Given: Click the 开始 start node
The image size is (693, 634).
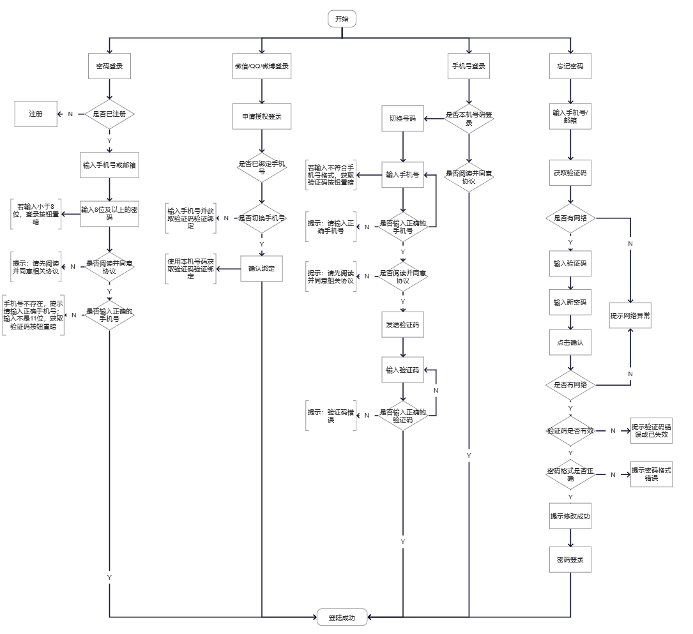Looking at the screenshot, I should click(x=342, y=19).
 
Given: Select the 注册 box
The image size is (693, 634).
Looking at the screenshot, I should click(x=36, y=114).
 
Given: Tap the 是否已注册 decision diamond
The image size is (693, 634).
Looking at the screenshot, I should click(x=110, y=114).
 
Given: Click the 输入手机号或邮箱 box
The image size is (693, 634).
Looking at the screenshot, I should click(x=110, y=165).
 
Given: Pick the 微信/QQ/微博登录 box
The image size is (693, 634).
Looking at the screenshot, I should click(x=262, y=66).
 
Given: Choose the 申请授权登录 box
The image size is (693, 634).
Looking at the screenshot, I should click(x=262, y=117).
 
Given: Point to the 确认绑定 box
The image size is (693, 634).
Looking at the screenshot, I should click(x=262, y=269).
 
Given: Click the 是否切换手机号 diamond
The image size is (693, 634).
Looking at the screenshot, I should click(x=262, y=218).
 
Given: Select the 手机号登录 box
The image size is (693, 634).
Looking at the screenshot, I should click(x=469, y=66).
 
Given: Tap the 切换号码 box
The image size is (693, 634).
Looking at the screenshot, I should click(x=402, y=118).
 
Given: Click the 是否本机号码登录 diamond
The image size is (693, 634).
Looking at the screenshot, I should click(x=469, y=118).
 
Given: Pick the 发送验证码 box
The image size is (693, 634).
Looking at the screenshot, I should click(x=402, y=324).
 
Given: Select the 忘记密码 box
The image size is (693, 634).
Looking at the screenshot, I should click(x=570, y=66).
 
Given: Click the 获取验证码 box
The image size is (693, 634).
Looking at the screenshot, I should click(x=570, y=172).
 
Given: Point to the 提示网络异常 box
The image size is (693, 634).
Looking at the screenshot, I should click(x=630, y=316).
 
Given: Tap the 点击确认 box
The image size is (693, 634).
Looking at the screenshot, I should click(x=570, y=343).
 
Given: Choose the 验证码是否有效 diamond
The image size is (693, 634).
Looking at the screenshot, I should click(x=570, y=431).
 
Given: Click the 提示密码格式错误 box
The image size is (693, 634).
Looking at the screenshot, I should click(x=651, y=474).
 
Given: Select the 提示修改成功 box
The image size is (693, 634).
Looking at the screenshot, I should click(x=570, y=516).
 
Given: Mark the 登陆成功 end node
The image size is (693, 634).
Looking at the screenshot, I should click(x=342, y=617).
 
